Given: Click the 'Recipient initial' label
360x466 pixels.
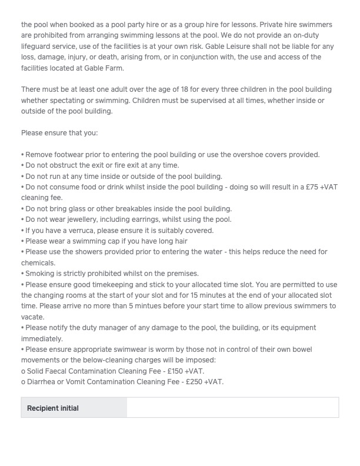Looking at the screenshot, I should point(53,408).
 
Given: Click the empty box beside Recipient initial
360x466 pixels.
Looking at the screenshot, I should point(232,408).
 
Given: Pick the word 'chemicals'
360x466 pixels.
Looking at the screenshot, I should point(38,262).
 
